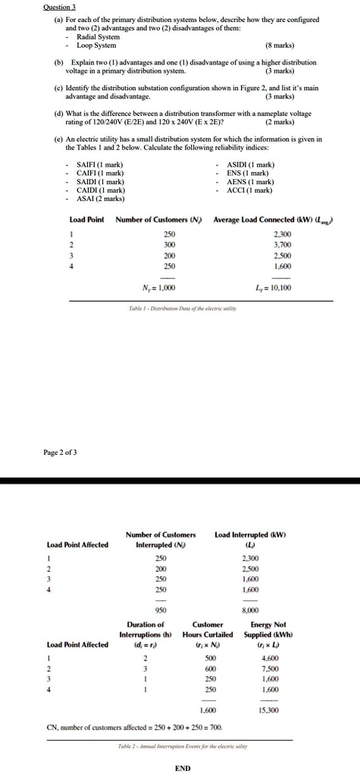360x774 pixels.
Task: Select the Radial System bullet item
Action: (x=98, y=36)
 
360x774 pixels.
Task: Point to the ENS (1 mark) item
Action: (x=248, y=173)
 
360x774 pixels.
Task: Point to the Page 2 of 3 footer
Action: (x=59, y=453)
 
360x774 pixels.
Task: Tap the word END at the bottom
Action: (x=182, y=767)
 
